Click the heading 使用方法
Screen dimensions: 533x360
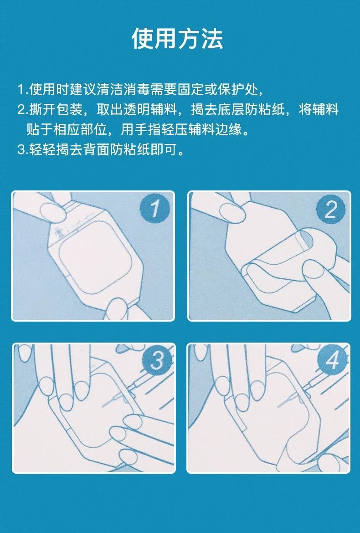point(178,38)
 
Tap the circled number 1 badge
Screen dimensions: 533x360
point(155,210)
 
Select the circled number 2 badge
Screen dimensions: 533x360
point(331,210)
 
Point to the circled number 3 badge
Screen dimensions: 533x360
point(155,363)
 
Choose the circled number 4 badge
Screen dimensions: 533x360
point(331,363)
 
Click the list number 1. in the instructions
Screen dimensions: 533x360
point(22,89)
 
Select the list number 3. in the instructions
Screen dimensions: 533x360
point(22,150)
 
